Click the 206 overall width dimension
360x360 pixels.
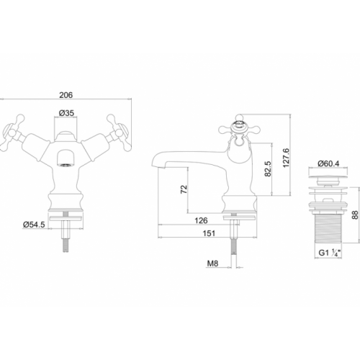66,95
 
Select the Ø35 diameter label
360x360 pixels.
66,113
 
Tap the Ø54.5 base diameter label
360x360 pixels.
34,225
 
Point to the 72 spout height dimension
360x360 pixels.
184,189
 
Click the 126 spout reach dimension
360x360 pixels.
201,220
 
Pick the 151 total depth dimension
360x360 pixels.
209,233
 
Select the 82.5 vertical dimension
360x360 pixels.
268,168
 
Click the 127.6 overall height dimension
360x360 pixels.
286,158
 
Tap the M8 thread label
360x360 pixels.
212,264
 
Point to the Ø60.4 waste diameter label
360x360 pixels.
328,163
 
